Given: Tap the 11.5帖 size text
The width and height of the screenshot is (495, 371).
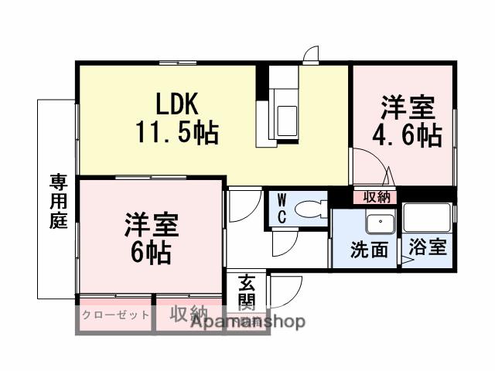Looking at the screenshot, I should (x=178, y=134).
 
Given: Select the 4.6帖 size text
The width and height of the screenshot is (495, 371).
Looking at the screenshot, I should (x=408, y=136).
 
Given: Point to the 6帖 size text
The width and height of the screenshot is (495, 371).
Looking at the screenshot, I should (x=151, y=252).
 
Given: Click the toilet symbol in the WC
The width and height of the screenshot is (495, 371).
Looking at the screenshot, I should (x=312, y=209).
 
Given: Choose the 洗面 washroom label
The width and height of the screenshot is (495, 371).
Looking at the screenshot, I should (x=369, y=250).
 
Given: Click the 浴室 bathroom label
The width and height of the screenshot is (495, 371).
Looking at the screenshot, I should (x=428, y=249).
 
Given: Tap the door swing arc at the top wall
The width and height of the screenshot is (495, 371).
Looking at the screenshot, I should (x=311, y=56).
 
